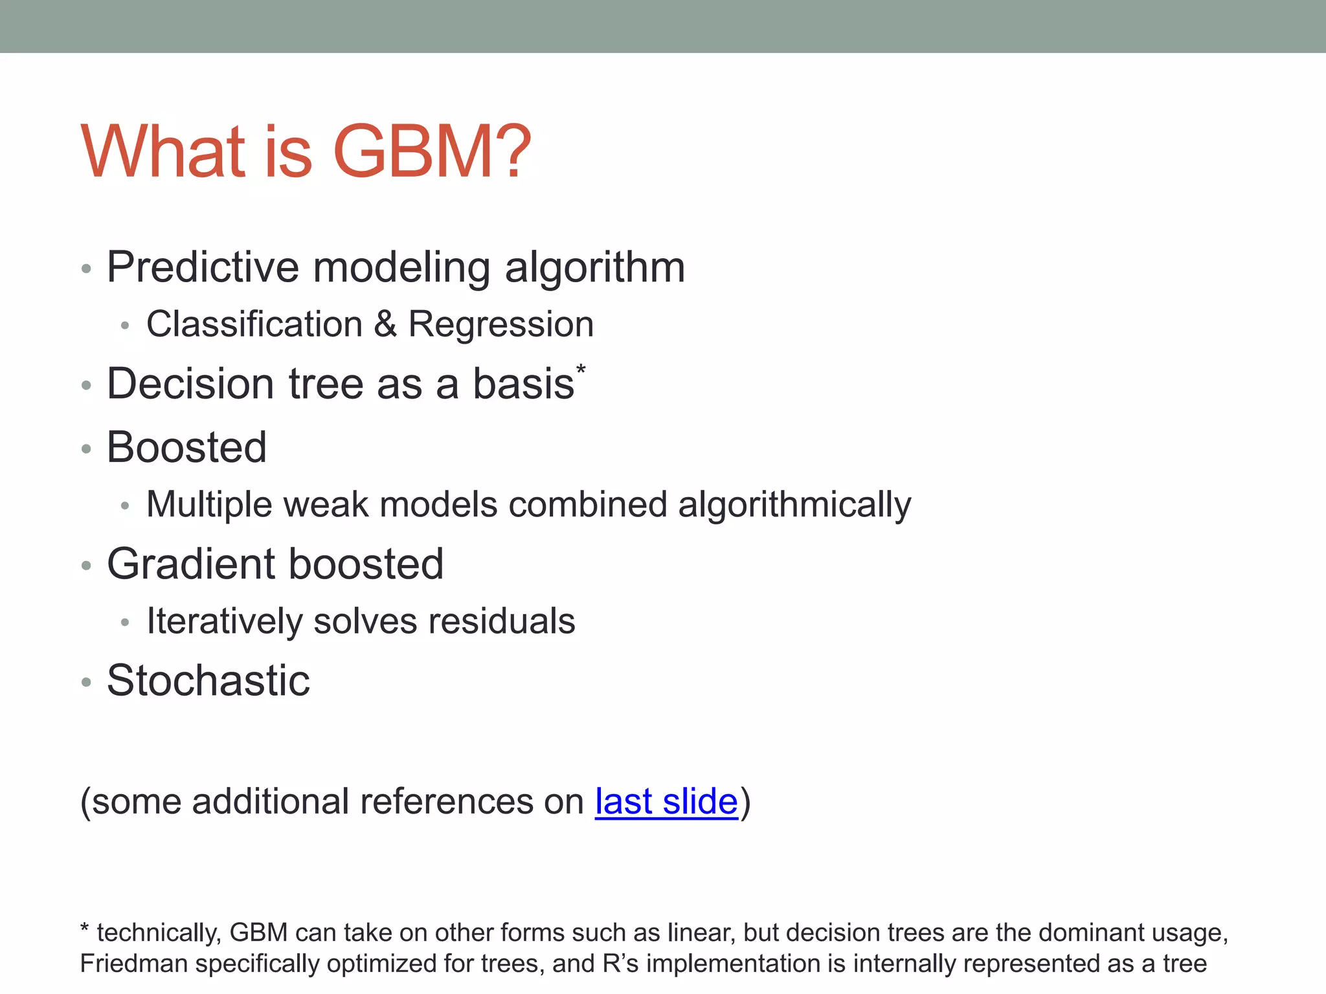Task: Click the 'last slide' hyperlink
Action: click(x=666, y=802)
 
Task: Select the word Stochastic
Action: click(x=208, y=681)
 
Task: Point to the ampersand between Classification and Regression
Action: click(x=385, y=324)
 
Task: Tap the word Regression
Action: click(x=500, y=324)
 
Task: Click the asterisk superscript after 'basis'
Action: click(x=581, y=370)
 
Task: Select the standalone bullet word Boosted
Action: click(x=186, y=447)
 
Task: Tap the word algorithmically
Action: click(x=794, y=505)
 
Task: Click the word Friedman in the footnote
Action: click(x=133, y=964)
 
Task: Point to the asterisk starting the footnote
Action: click(x=84, y=930)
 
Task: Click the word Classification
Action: click(x=254, y=324)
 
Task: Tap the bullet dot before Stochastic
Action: click(x=86, y=682)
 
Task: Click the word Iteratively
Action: click(x=224, y=621)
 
